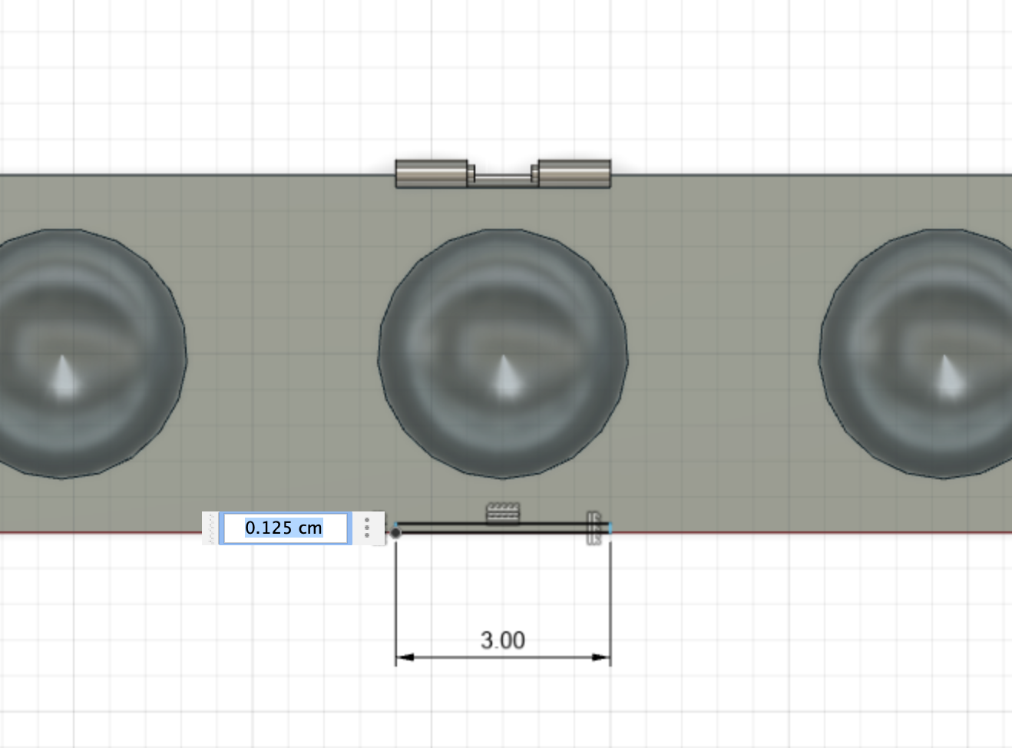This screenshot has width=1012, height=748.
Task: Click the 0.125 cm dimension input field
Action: coord(284,528)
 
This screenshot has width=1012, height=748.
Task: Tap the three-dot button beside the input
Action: coord(367,528)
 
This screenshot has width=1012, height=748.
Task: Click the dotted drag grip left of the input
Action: coord(211,528)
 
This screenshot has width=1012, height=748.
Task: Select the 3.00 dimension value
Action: coord(503,640)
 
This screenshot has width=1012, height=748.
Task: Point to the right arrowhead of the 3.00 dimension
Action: coord(601,657)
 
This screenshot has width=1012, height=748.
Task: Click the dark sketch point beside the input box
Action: coord(395,532)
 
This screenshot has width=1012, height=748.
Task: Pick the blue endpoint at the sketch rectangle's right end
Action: coord(610,528)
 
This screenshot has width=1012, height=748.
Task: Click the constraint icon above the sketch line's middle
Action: coord(503,512)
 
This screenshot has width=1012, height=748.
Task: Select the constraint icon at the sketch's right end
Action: coord(594,528)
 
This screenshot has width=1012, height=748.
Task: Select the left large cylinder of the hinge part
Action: coord(431,174)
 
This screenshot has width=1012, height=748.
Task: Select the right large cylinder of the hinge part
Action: coord(575,174)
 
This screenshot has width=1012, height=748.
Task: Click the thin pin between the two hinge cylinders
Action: coord(503,178)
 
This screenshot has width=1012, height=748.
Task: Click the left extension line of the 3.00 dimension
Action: coord(396,599)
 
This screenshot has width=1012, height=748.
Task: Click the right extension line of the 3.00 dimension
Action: coord(610,599)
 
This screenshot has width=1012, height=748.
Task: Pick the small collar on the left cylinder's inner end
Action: coord(471,174)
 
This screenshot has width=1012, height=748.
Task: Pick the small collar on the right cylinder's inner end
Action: coord(535,174)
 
